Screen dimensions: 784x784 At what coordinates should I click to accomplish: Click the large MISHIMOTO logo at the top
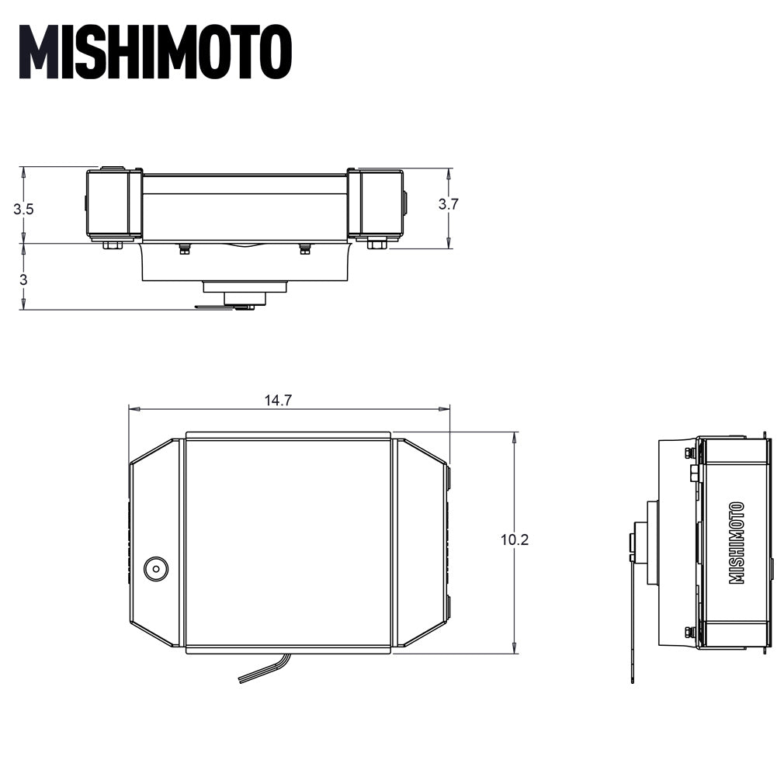[155, 52]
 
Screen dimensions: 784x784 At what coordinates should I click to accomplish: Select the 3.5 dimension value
[23, 209]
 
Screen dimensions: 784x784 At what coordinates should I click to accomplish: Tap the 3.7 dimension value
[449, 204]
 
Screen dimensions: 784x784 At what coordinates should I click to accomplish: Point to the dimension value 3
[23, 279]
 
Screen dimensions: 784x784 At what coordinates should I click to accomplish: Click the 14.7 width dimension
[278, 401]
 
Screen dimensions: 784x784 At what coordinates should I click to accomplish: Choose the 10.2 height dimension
[515, 539]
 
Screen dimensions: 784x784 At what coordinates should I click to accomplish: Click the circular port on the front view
[156, 569]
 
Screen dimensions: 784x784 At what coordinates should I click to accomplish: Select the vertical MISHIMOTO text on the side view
[737, 543]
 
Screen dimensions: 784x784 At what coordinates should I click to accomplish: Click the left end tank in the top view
[113, 204]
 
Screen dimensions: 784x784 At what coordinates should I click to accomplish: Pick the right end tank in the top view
[376, 204]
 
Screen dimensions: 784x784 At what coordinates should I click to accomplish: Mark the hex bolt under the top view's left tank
[112, 245]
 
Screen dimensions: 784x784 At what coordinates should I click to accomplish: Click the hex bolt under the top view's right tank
[376, 245]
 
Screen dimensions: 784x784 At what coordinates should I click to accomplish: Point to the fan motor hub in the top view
[245, 297]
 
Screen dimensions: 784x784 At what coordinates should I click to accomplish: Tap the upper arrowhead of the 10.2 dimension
[515, 438]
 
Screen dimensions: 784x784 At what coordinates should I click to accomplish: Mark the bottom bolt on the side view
[689, 632]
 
